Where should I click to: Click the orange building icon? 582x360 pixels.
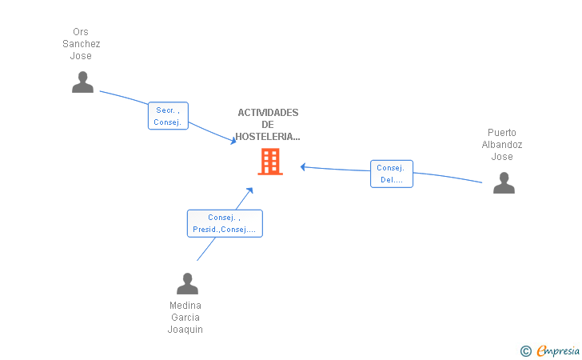pyautogui.click(x=270, y=162)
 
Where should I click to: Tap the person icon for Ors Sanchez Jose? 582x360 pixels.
pyautogui.click(x=82, y=82)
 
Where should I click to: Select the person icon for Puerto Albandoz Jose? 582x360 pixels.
pyautogui.click(x=504, y=182)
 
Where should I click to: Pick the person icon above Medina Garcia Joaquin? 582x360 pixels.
pyautogui.click(x=187, y=283)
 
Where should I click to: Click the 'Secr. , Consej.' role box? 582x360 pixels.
pyautogui.click(x=168, y=115)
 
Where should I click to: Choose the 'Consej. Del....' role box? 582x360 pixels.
pyautogui.click(x=392, y=174)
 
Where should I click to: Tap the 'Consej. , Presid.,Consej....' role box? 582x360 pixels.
pyautogui.click(x=225, y=223)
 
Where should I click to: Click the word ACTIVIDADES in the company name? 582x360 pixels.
pyautogui.click(x=268, y=113)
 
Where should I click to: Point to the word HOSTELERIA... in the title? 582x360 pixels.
pyautogui.click(x=268, y=137)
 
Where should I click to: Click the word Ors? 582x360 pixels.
pyautogui.click(x=81, y=32)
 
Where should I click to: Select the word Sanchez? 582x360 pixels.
pyautogui.click(x=82, y=44)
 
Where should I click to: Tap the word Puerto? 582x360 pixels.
pyautogui.click(x=502, y=133)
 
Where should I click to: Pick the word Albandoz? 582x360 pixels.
pyautogui.click(x=502, y=145)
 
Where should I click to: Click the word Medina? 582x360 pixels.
pyautogui.click(x=185, y=306)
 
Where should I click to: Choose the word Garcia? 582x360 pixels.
pyautogui.click(x=185, y=318)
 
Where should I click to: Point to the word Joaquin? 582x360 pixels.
pyautogui.click(x=185, y=330)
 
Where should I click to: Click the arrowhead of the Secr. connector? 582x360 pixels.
pyautogui.click(x=233, y=141)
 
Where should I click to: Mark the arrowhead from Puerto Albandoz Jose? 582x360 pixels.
pyautogui.click(x=303, y=167)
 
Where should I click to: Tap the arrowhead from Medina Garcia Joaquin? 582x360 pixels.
pyautogui.click(x=249, y=191)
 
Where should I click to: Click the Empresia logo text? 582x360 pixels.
pyautogui.click(x=558, y=350)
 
